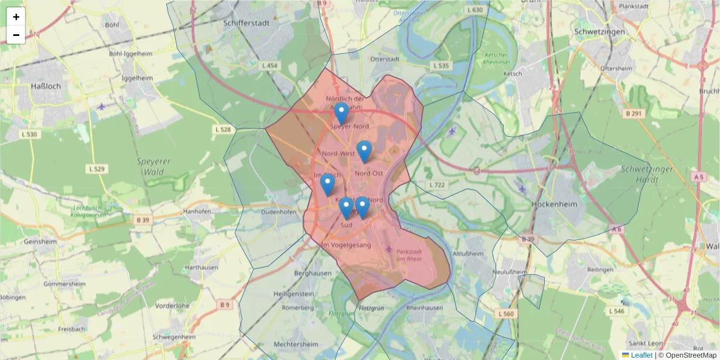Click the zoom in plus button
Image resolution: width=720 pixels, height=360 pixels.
coord(16,17)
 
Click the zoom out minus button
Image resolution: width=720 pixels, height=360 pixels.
coord(16,35)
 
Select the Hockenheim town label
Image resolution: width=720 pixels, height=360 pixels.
coord(554,204)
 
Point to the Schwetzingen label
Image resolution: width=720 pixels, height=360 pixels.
coord(599,31)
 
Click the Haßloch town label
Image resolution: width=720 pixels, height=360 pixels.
coord(46,86)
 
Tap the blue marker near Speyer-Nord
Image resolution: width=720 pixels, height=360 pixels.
coord(341,113)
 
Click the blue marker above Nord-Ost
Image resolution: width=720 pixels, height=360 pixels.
coord(364,151)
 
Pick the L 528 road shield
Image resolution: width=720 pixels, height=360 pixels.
coord(223,129)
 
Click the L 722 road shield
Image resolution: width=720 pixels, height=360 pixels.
coord(437,184)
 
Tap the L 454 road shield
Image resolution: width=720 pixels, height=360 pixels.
coord(271,65)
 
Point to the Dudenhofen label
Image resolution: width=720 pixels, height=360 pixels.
coord(279,212)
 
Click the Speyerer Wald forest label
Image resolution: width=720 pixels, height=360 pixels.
coord(154,167)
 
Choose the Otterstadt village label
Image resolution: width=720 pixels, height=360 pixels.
coord(385,59)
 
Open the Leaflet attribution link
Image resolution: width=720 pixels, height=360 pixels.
coord(641,355)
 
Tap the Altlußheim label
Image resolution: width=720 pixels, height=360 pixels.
coord(468,254)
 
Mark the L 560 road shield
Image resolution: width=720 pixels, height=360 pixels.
coord(506,314)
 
